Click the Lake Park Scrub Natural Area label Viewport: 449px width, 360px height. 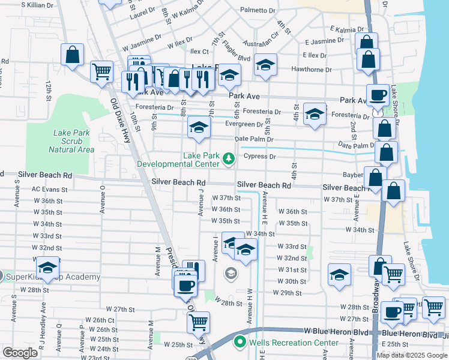pyautogui.click(x=72, y=140)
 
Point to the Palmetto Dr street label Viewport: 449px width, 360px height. pyautogui.click(x=258, y=10)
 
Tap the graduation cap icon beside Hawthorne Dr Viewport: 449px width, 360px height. pyautogui.click(x=265, y=65)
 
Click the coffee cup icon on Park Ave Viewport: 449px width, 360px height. pyautogui.click(x=378, y=95)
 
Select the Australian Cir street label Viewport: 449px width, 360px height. pyautogui.click(x=261, y=44)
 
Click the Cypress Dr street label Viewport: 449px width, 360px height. pyautogui.click(x=259, y=157)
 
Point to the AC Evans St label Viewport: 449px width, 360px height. pyautogui.click(x=44, y=188)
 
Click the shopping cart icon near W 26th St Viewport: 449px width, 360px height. pyautogui.click(x=197, y=322)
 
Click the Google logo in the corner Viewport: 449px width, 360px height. pyautogui.click(x=20, y=353)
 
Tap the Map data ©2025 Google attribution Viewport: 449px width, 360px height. pyautogui.click(x=412, y=355)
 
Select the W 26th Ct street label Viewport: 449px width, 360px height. pyautogui.click(x=99, y=320)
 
